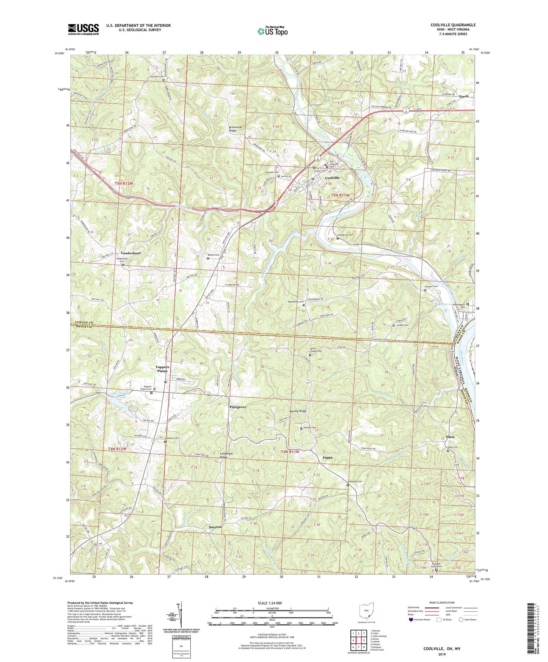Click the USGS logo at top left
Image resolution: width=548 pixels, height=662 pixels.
(83, 29)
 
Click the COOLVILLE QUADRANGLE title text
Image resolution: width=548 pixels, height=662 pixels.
(453, 25)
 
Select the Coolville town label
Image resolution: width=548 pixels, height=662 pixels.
(332, 178)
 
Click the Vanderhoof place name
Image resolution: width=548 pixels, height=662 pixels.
(131, 253)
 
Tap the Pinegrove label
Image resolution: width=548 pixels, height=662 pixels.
(238, 407)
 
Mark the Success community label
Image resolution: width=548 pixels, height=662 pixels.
(215, 527)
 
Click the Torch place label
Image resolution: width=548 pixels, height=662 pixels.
(463, 96)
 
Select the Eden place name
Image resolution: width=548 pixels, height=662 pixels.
(450, 437)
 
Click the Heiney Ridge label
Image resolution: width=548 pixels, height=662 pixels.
(298, 411)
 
